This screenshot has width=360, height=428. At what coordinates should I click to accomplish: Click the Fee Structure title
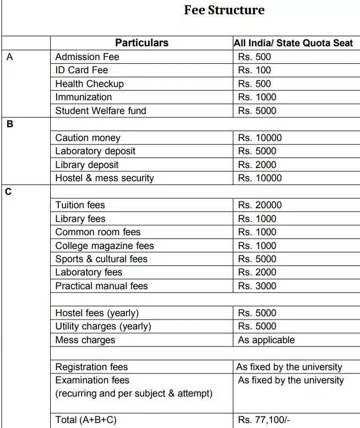click(x=224, y=10)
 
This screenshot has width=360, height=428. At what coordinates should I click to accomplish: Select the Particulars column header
click(x=141, y=43)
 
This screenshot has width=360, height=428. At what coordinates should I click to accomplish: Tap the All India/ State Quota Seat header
click(x=293, y=43)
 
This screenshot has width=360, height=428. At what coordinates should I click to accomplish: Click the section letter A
click(x=9, y=57)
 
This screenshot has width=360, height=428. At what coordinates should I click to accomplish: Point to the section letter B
click(x=9, y=124)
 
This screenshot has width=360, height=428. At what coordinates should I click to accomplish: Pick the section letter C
click(x=9, y=192)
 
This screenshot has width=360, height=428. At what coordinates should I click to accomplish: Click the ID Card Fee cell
click(x=81, y=70)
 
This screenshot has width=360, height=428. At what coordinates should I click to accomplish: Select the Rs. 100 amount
click(x=254, y=70)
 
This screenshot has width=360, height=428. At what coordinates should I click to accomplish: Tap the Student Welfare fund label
click(x=101, y=111)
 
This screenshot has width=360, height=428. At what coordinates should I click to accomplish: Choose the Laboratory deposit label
click(x=95, y=151)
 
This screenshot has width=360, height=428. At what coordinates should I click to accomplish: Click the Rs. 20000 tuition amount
click(x=260, y=205)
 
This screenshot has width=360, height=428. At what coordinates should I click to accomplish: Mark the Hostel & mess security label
click(x=105, y=178)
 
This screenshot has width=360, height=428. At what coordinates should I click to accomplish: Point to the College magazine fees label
click(x=105, y=246)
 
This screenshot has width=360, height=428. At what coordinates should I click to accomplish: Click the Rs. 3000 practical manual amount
click(x=257, y=286)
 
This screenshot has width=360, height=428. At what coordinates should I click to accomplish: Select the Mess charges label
click(x=85, y=340)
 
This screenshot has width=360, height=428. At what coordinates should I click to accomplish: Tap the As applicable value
click(x=266, y=340)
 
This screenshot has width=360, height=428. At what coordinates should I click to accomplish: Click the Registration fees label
click(x=91, y=367)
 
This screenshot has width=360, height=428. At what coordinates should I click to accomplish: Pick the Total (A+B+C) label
click(x=86, y=420)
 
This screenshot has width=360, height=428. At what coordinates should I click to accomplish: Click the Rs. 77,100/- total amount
click(x=264, y=420)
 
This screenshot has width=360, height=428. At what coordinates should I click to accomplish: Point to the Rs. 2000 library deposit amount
click(x=257, y=165)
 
